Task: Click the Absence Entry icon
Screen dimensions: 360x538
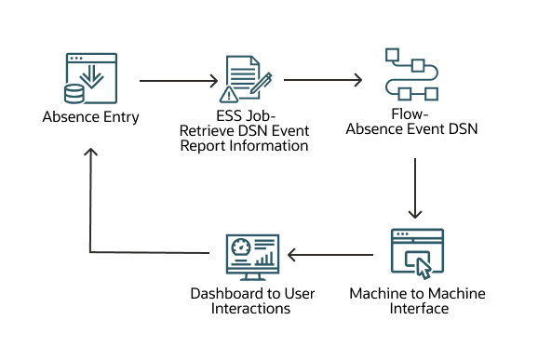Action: (90, 80)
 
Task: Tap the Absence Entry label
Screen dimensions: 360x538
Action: (89, 118)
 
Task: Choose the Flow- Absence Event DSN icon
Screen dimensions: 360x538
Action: (410, 74)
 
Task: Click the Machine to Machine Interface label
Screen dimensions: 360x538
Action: (417, 300)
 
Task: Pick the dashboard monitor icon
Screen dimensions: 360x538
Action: (252, 255)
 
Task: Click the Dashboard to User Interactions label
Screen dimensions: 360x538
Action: (252, 300)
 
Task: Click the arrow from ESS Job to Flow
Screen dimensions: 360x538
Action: (322, 81)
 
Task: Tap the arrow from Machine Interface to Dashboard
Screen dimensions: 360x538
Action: (333, 253)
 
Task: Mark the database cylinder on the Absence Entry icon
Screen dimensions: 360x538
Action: (74, 94)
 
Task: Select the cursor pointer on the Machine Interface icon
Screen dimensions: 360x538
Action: (424, 267)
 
